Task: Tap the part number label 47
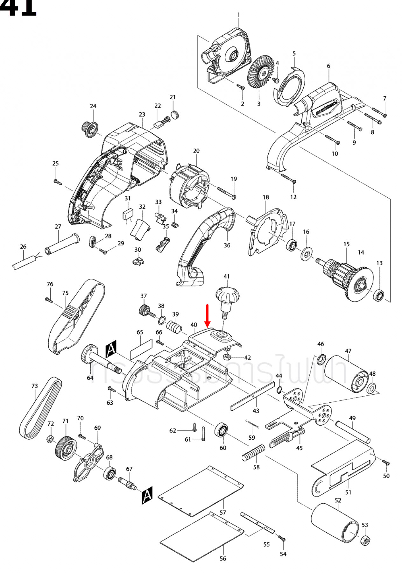pos(348,351)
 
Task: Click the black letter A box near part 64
pos(111,349)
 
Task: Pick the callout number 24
pos(93,106)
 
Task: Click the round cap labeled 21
pos(175,114)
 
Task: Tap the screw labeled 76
pos(49,300)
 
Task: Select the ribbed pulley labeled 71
pos(66,448)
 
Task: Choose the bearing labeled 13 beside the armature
pos(379,295)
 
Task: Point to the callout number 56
pos(223,558)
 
